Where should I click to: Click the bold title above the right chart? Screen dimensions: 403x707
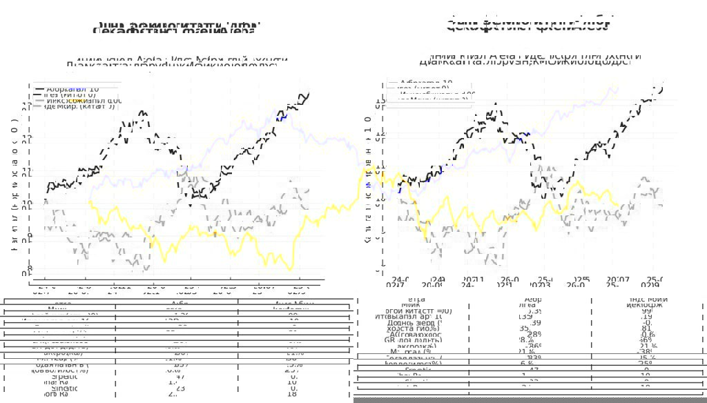(529, 25)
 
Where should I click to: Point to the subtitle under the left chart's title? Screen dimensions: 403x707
(172, 63)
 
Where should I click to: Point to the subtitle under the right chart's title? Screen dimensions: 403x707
(525, 59)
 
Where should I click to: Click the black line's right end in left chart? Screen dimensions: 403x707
(309, 92)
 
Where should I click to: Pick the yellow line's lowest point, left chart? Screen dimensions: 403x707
(291, 270)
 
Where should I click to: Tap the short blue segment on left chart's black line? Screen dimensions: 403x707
(281, 117)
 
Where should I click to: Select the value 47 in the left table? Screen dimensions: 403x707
(179, 377)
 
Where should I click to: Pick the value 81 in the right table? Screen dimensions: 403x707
(646, 328)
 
